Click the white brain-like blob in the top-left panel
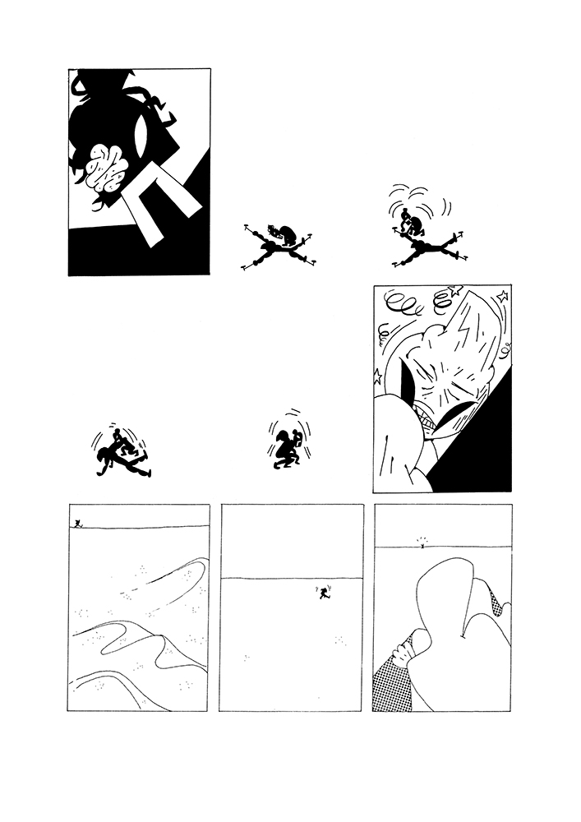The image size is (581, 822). [x=103, y=168]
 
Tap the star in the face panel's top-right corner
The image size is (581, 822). [x=502, y=295]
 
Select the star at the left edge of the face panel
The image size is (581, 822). [x=379, y=376]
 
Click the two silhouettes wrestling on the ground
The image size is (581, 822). [x=122, y=457]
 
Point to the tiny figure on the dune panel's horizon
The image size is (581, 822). [x=77, y=523]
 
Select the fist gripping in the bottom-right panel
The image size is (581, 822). [x=406, y=650]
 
